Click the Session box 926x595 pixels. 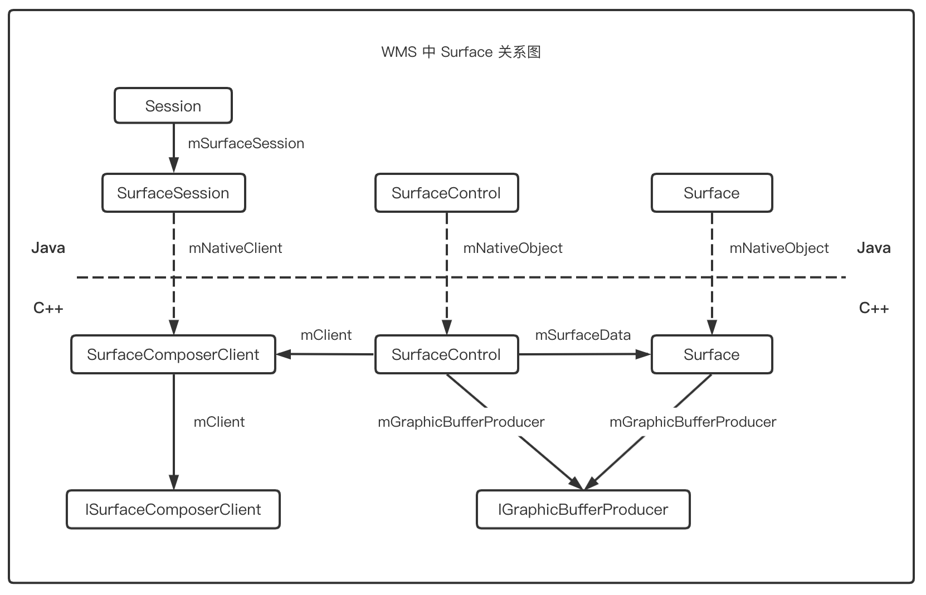tap(173, 106)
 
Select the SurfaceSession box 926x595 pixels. tap(173, 193)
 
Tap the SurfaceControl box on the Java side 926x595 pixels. tap(446, 193)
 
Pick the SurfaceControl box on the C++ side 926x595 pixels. tap(446, 354)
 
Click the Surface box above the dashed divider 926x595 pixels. tap(711, 193)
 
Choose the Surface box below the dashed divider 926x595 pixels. tap(711, 354)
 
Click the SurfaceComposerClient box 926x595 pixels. tap(173, 354)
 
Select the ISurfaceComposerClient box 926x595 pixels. tap(173, 509)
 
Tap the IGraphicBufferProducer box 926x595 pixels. tap(583, 509)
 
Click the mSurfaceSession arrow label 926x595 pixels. tap(246, 144)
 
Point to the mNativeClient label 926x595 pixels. tap(235, 248)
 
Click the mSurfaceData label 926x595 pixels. tap(583, 335)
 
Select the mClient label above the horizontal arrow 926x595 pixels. tap(326, 335)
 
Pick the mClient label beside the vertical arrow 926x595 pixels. tap(219, 422)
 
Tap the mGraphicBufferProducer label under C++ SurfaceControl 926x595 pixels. tap(461, 422)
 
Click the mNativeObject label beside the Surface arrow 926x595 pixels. tap(779, 248)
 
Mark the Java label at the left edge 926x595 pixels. tap(48, 248)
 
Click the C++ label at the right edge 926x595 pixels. tap(874, 308)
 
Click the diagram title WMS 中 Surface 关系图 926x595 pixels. tap(461, 52)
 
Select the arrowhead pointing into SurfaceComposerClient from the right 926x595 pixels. tap(283, 354)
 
